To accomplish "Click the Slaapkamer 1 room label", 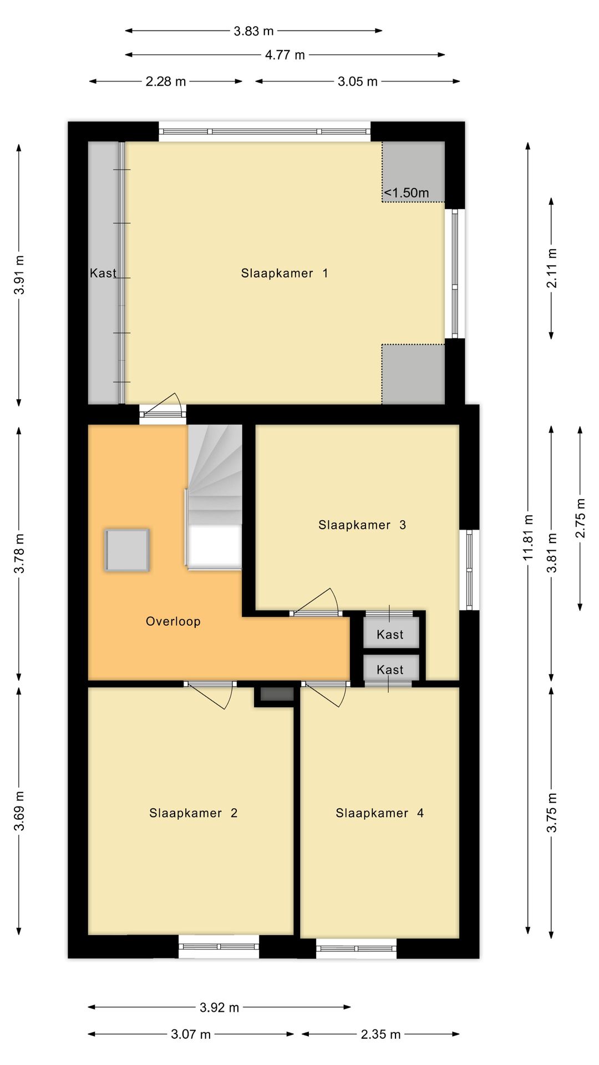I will click(x=284, y=273).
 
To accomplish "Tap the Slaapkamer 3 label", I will click(x=362, y=525).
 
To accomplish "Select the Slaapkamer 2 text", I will click(x=193, y=813).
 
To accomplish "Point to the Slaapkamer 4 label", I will click(x=379, y=813).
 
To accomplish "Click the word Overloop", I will click(x=173, y=621).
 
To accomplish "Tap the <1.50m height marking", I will click(x=407, y=192).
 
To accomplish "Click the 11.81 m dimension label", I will click(x=528, y=537).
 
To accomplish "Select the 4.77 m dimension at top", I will click(x=285, y=55).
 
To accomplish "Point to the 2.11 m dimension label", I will click(x=552, y=268).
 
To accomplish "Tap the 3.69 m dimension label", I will click(x=19, y=811).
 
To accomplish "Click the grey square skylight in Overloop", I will click(x=127, y=550).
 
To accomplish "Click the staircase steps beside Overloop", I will click(x=215, y=471).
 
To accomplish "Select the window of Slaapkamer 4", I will click(x=356, y=948).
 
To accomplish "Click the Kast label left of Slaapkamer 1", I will click(x=103, y=273).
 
